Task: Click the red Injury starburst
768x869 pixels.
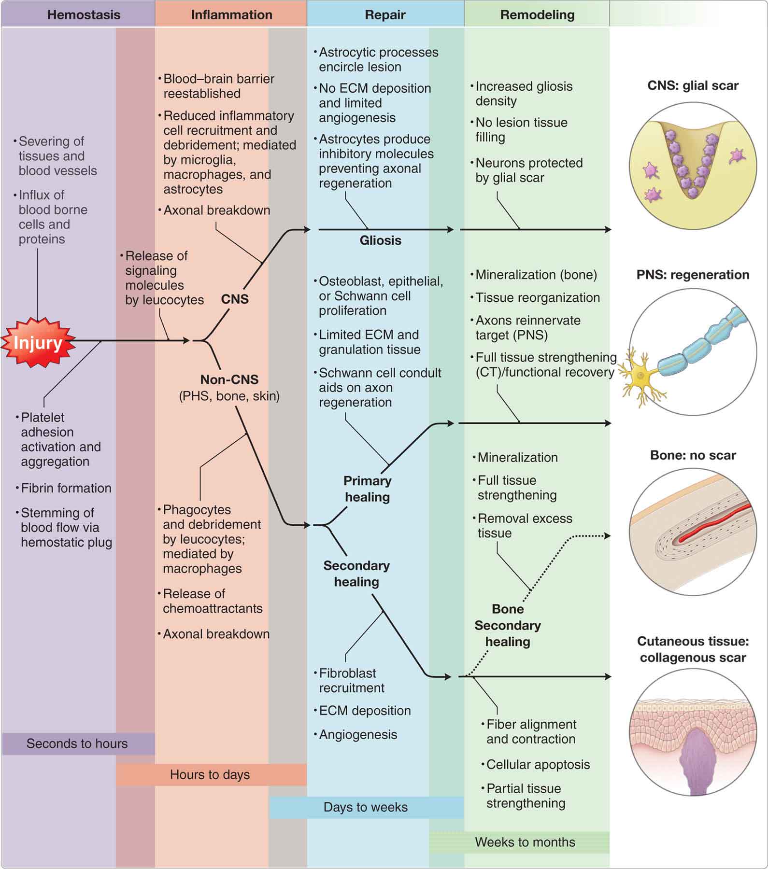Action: point(38,342)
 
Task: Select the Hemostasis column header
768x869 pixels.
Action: point(84,15)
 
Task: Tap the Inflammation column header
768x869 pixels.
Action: point(231,15)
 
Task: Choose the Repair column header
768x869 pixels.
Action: point(385,15)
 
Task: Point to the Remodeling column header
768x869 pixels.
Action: point(537,15)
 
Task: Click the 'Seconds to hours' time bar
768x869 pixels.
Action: point(77,743)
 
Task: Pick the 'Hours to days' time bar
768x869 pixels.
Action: point(210,774)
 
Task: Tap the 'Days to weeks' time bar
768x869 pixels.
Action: point(366,807)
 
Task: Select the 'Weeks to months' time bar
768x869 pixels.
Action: point(525,842)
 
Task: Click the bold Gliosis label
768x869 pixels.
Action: point(380,240)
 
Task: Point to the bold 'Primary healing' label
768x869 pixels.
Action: point(367,489)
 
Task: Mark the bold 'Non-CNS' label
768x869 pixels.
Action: point(229,379)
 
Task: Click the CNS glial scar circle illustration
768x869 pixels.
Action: point(693,166)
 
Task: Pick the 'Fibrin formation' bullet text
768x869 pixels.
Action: point(66,488)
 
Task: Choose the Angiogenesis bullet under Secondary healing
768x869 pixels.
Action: point(358,734)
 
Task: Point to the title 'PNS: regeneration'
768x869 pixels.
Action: point(693,275)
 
